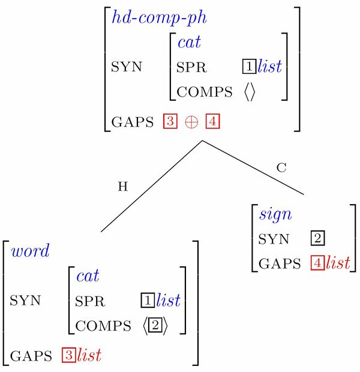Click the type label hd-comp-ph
159,18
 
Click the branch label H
122,187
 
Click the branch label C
281,168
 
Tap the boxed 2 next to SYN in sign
318,239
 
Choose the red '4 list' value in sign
330,263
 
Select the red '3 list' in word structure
81,355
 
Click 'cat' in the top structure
189,42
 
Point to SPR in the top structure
191,67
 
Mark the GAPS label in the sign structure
279,263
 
